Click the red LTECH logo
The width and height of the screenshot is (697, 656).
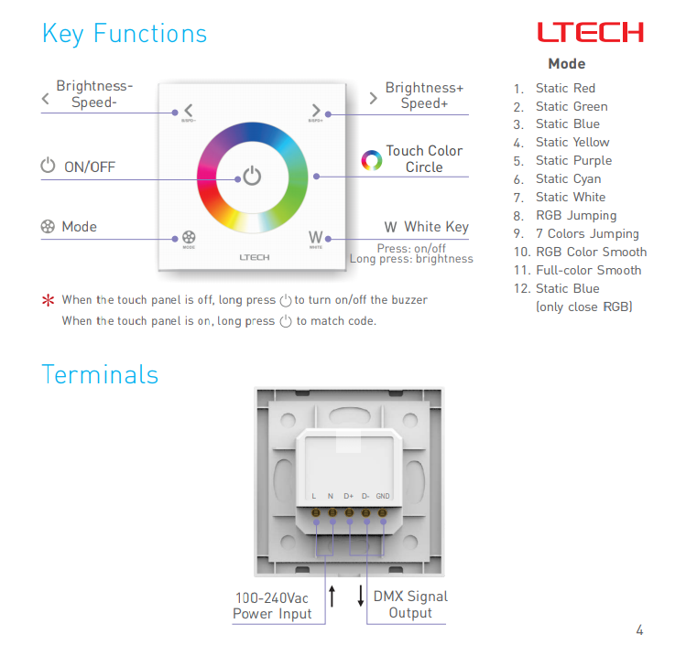point(591,32)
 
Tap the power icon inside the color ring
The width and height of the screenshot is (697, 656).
point(252,176)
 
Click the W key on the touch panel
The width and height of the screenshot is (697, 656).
point(316,237)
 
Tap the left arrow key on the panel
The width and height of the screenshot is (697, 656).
point(189,110)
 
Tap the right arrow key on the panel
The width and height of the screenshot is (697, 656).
point(316,110)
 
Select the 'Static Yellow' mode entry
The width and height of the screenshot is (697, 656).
point(572,142)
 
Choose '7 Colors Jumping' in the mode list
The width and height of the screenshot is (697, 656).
point(588,233)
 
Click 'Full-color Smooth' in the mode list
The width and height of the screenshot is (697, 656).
point(589,270)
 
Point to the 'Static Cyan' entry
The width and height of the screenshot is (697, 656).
point(569,178)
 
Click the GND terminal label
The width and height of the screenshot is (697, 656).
point(383,496)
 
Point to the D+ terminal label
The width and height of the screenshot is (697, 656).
point(348,496)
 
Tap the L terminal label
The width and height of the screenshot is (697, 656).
point(314,496)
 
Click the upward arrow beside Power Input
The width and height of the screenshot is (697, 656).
point(332,596)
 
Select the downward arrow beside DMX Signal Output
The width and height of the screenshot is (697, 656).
point(361,596)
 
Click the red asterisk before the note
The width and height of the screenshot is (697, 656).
point(48,300)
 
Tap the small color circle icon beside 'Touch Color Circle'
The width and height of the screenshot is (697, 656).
point(372,160)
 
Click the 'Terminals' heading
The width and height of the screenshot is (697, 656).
point(100,374)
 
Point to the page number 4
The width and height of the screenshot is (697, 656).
point(639,629)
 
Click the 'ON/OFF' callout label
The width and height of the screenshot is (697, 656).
point(90,167)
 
